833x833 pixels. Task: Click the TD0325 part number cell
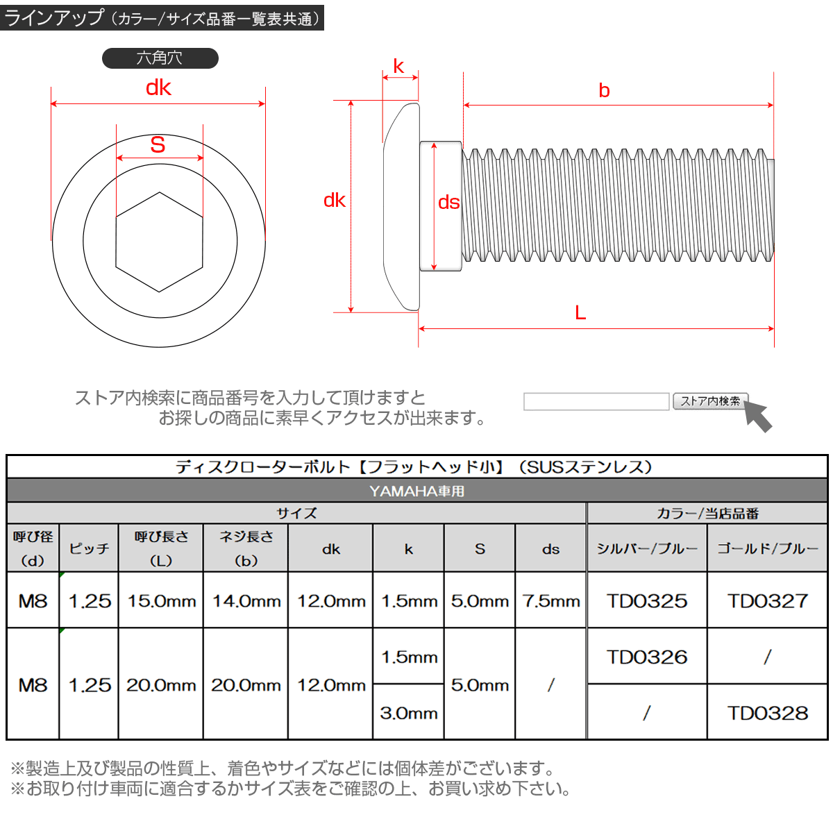tap(647, 601)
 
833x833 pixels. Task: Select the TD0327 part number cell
tap(768, 601)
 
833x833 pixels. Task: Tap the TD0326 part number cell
tap(647, 657)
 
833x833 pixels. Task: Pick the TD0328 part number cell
tap(768, 713)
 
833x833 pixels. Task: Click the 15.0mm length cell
tap(161, 601)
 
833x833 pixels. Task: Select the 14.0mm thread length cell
tap(246, 601)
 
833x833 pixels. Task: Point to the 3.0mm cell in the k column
tap(409, 713)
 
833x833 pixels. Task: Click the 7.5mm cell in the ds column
tap(551, 601)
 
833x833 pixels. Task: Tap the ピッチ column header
tap(90, 548)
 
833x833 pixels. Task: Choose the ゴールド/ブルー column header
tap(768, 548)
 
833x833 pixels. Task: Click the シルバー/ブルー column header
tap(647, 548)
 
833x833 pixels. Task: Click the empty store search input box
tap(596, 401)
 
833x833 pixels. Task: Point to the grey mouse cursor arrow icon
tap(758, 416)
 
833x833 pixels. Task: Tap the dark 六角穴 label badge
tap(160, 58)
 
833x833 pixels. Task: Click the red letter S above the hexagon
tap(158, 145)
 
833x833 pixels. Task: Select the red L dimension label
tap(580, 313)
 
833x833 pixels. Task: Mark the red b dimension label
tap(604, 91)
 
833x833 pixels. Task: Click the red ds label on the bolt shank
tap(448, 202)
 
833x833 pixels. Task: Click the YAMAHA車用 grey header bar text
tap(416, 491)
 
